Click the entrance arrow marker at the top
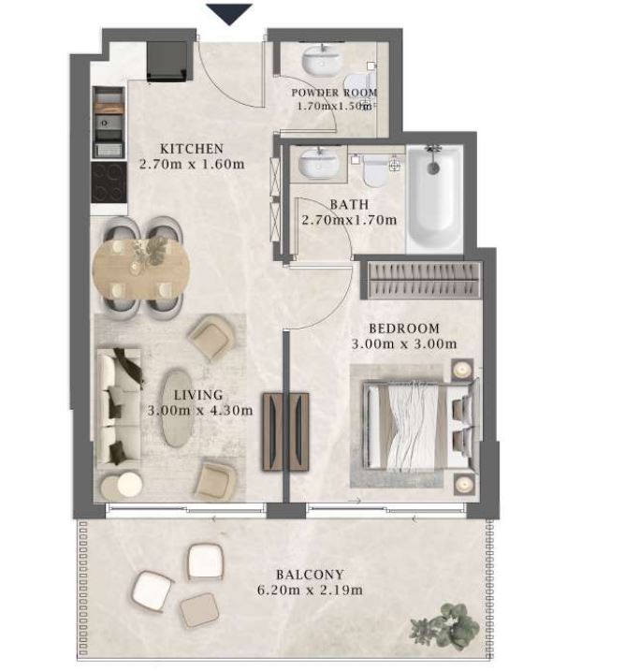pos(229,14)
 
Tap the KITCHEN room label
pos(192,149)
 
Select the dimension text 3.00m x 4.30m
pos(200,411)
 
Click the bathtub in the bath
pos(434,198)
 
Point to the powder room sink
pos(323,59)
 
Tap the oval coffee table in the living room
pos(177,408)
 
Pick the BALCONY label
pos(310,575)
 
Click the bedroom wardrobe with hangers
pos(424,281)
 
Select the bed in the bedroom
pos(420,426)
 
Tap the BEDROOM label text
pos(404,328)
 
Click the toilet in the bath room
pos(375,170)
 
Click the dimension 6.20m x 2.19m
pos(310,591)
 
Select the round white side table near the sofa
pos(130,485)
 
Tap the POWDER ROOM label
pos(334,93)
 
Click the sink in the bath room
pos(318,163)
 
